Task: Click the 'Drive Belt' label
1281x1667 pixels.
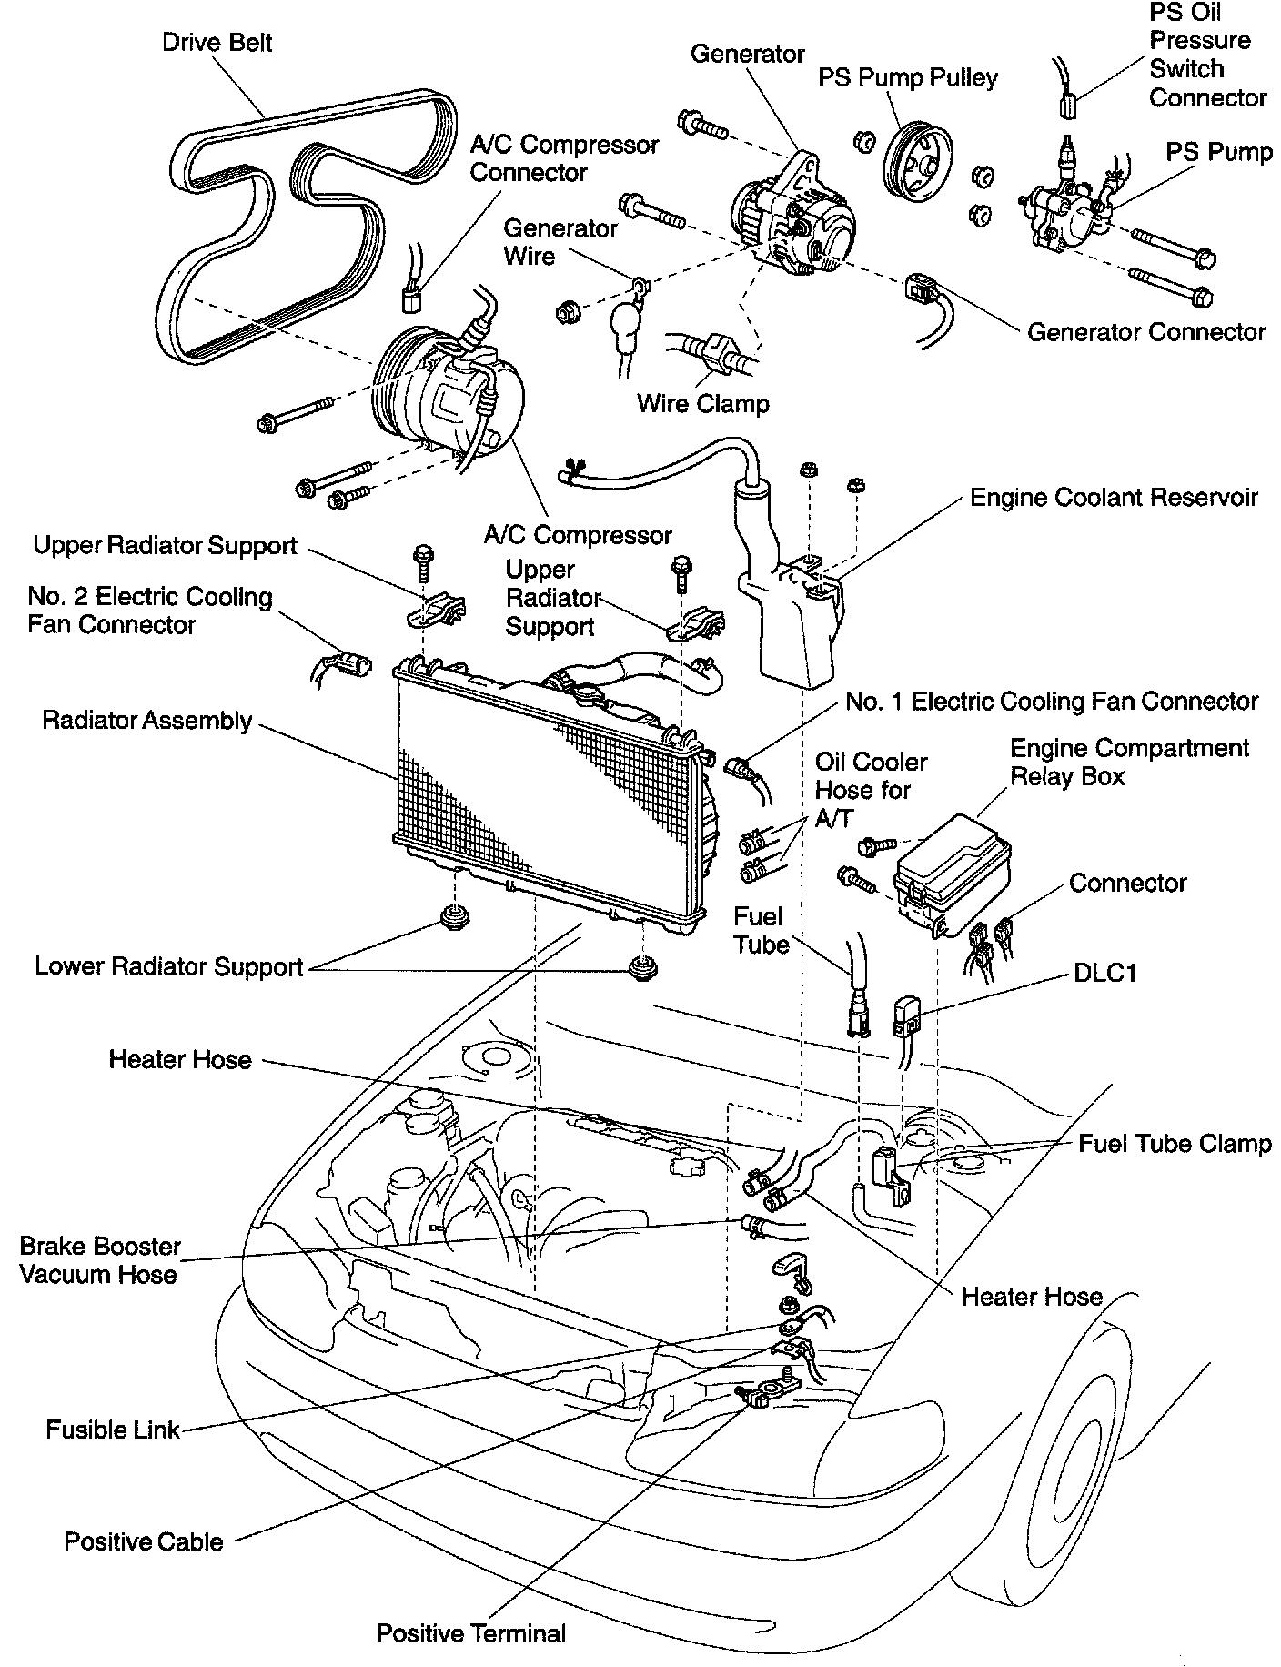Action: point(217,43)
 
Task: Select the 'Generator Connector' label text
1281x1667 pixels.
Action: point(1145,332)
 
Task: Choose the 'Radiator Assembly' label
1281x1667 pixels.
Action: point(146,721)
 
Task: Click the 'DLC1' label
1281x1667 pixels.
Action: point(1105,973)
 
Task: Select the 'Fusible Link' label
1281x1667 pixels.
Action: point(113,1430)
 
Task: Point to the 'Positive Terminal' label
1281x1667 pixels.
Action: point(471,1633)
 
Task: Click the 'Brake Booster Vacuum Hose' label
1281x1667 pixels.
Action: point(99,1259)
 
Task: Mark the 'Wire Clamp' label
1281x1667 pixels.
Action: point(702,403)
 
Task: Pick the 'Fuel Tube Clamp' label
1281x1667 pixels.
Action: point(1174,1143)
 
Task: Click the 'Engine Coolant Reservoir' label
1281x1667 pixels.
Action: point(1114,498)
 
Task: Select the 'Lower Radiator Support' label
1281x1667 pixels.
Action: point(168,966)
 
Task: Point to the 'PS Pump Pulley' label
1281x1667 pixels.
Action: point(907,78)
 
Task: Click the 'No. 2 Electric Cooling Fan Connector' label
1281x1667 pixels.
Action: point(149,611)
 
